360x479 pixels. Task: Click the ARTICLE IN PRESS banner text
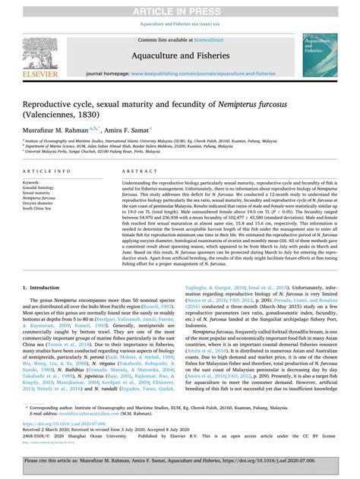[x=180, y=8]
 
